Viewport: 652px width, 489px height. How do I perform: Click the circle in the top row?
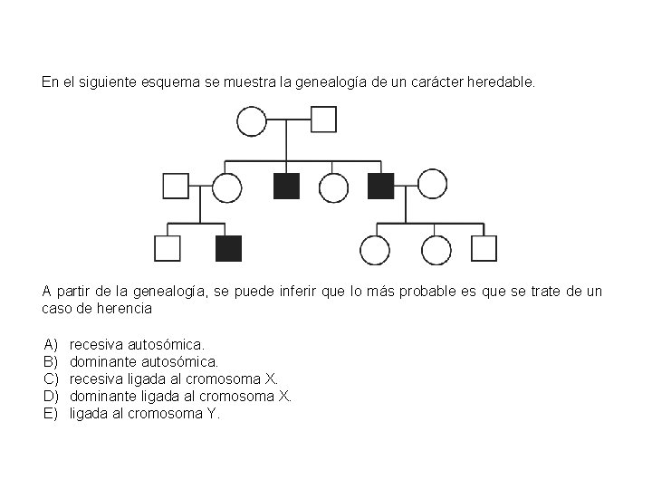pyautogui.click(x=252, y=120)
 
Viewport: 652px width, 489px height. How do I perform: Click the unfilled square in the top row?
pyautogui.click(x=323, y=120)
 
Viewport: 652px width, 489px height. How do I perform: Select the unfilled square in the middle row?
pyautogui.click(x=176, y=186)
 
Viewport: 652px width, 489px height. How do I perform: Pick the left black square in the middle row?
pyautogui.click(x=286, y=186)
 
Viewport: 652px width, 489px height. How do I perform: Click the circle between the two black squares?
pyautogui.click(x=333, y=187)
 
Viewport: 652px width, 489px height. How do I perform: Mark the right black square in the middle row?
pyautogui.click(x=381, y=186)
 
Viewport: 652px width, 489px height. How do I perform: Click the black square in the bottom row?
pyautogui.click(x=228, y=248)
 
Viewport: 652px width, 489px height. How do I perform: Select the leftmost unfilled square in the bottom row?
pyautogui.click(x=168, y=248)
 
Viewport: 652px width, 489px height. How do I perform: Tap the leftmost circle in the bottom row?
pyautogui.click(x=374, y=249)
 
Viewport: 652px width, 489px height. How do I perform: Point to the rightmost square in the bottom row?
pyautogui.click(x=484, y=248)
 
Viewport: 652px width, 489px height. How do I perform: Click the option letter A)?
pyautogui.click(x=51, y=344)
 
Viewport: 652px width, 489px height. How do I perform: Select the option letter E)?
pyautogui.click(x=51, y=413)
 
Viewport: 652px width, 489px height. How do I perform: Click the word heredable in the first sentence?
pyautogui.click(x=503, y=82)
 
